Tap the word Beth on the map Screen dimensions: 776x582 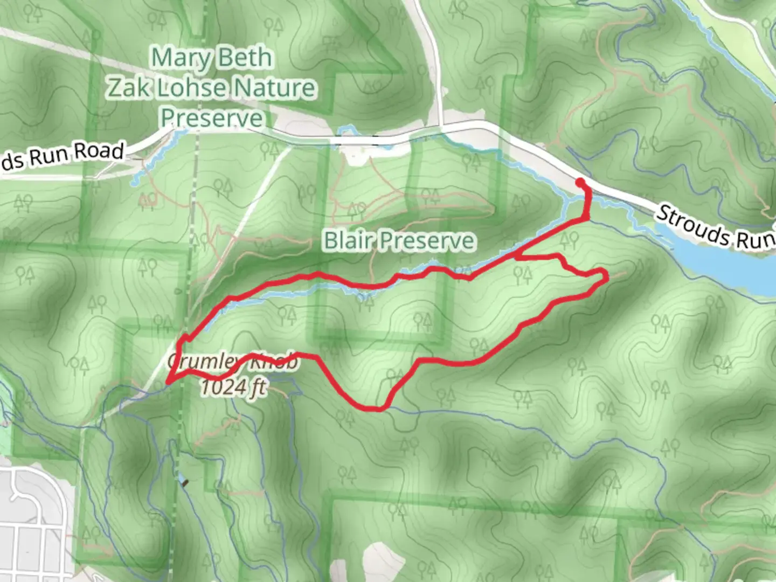tap(246, 58)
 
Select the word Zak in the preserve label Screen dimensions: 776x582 tap(128, 88)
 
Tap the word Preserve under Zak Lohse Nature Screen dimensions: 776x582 tap(212, 118)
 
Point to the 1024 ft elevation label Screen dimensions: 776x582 tap(234, 386)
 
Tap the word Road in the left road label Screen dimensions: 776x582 tap(99, 151)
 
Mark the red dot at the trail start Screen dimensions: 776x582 tap(580, 183)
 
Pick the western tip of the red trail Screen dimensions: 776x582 tap(169, 382)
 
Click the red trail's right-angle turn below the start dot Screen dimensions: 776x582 tap(586, 217)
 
